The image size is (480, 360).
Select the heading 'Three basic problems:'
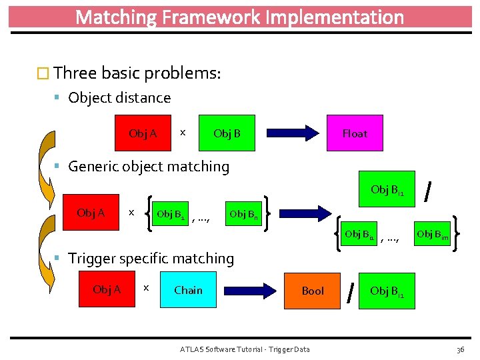(x=137, y=73)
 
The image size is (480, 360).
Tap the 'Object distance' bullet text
(x=119, y=98)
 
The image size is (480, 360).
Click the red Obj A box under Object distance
(x=143, y=133)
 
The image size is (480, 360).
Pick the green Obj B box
(x=227, y=133)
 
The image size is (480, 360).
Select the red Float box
(x=354, y=133)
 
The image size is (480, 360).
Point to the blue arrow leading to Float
(x=293, y=133)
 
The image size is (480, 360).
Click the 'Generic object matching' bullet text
(x=149, y=167)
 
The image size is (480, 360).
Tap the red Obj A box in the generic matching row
(x=91, y=213)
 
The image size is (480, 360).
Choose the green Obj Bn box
(x=243, y=214)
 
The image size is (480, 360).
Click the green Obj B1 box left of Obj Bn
(x=169, y=214)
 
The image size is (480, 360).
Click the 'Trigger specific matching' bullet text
(x=151, y=259)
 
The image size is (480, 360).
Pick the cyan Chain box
(x=189, y=290)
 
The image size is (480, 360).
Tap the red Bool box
(x=312, y=291)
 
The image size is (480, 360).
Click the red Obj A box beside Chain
(x=107, y=289)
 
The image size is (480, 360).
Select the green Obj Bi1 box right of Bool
(x=388, y=291)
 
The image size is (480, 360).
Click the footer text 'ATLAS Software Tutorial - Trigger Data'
(x=245, y=349)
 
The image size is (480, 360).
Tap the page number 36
(x=460, y=349)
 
